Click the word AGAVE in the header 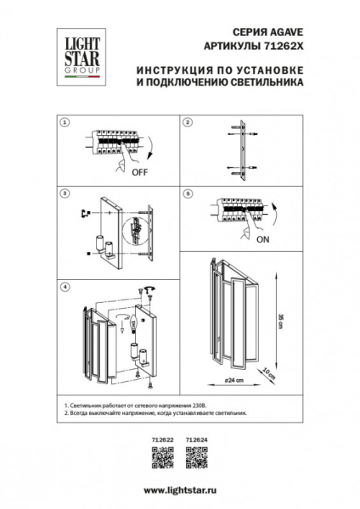coord(268,30)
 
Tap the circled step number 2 coord(188,123)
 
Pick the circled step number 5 coord(188,193)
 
